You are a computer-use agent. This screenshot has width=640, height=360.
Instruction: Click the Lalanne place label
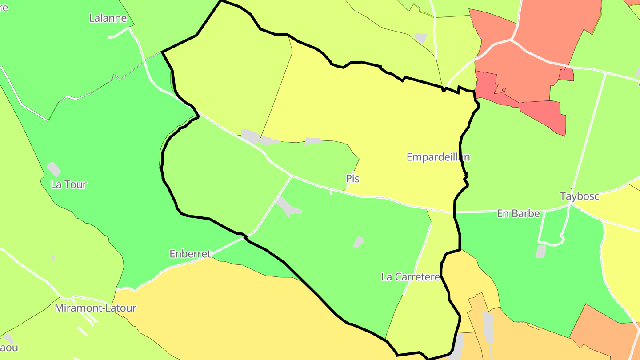[108, 18]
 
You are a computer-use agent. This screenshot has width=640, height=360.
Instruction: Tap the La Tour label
[68, 184]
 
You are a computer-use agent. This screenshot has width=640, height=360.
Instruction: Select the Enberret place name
[190, 254]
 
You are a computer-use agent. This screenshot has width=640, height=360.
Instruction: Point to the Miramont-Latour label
[96, 308]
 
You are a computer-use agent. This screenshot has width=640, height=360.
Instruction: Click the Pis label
[352, 179]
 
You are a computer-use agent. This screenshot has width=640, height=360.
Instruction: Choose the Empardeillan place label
[438, 157]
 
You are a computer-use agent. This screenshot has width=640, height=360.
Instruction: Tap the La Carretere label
[410, 277]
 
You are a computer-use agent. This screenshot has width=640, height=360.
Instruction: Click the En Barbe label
[518, 214]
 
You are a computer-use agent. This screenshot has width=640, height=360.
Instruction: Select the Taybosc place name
[580, 196]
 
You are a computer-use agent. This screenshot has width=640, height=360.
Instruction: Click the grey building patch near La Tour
[54, 168]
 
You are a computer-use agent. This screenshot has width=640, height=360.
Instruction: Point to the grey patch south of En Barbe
[541, 251]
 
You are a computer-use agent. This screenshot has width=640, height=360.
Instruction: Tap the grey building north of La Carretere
[358, 242]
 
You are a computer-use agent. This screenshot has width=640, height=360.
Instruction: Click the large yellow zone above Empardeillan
[378, 111]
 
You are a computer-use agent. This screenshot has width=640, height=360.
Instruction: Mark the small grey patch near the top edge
[420, 38]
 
